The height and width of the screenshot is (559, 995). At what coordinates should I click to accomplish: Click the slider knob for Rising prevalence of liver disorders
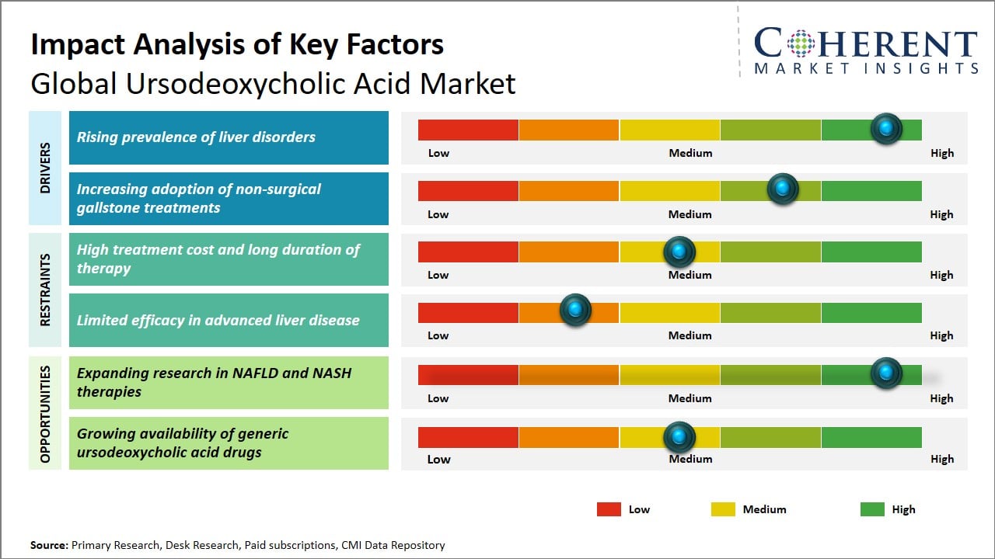click(885, 129)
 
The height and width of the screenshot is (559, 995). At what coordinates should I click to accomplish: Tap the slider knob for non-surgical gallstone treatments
click(782, 189)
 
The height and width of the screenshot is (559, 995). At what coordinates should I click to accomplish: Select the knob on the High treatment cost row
click(679, 252)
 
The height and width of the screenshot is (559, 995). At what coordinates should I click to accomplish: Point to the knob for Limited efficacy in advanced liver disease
click(575, 311)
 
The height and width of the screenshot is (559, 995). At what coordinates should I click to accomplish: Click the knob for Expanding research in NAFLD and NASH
click(885, 373)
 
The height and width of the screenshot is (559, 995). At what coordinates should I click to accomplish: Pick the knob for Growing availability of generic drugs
click(679, 437)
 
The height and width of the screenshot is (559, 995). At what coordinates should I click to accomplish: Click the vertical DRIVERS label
click(45, 168)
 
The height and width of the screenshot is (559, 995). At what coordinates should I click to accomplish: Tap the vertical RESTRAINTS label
click(45, 289)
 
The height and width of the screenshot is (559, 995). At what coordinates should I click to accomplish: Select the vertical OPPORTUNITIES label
click(45, 414)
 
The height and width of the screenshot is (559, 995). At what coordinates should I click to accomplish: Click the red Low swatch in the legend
click(609, 509)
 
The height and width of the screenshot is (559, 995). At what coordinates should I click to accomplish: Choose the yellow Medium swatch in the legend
click(723, 509)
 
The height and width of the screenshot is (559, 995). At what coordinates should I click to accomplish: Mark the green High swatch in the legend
click(872, 509)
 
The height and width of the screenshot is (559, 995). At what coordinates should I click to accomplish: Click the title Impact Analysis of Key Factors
click(237, 45)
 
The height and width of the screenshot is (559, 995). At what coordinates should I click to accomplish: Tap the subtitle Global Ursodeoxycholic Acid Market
click(273, 83)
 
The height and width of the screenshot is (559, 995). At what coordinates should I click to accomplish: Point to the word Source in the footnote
click(48, 545)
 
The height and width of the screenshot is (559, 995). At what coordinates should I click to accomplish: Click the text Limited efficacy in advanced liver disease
click(218, 320)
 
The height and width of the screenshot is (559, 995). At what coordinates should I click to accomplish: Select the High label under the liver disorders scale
click(941, 153)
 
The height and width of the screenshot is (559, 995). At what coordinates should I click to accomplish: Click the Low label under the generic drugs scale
click(438, 459)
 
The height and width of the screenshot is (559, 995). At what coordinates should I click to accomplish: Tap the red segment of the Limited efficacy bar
click(468, 312)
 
